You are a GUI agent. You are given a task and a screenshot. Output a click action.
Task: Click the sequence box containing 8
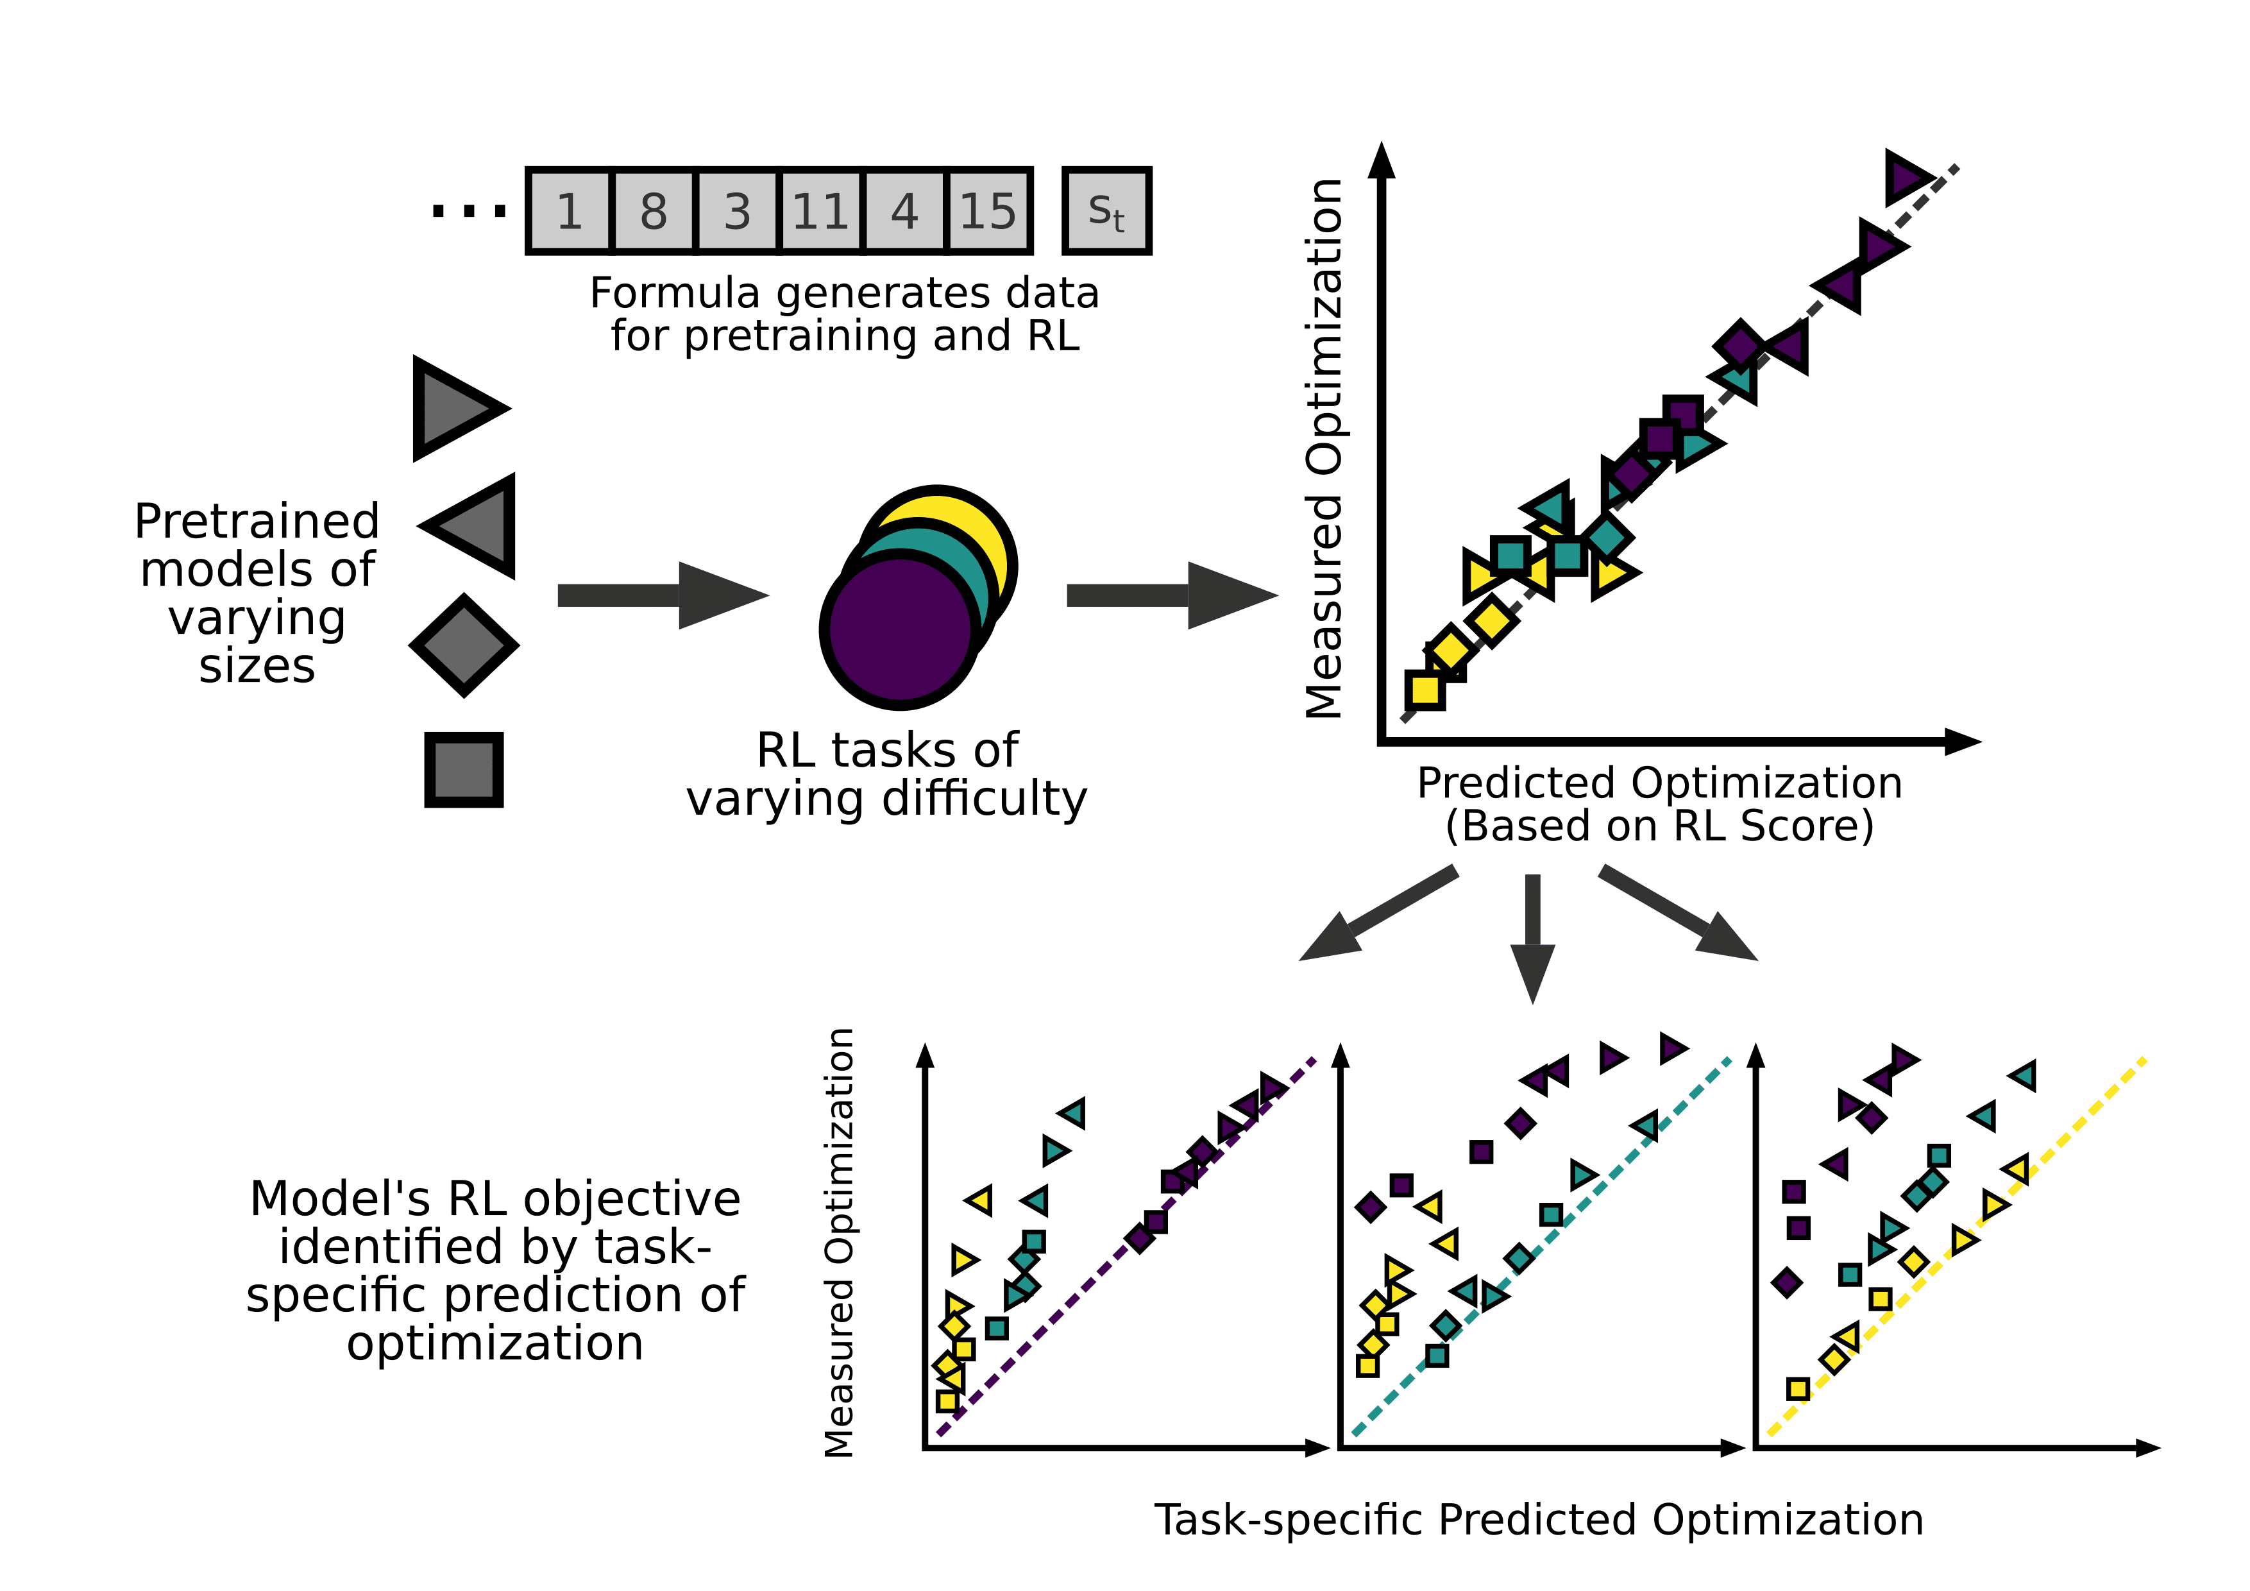653,211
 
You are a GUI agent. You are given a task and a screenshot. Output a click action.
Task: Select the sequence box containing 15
988,211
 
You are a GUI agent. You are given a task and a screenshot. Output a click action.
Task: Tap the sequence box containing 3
737,211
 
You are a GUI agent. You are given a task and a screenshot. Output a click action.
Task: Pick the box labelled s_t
1107,211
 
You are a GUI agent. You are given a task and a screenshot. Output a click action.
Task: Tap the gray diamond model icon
464,645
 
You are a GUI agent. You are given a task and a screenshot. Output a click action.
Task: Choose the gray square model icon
464,770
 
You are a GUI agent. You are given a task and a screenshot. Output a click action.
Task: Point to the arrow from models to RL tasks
663,595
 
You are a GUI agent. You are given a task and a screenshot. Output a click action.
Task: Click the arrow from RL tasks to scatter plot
1172,595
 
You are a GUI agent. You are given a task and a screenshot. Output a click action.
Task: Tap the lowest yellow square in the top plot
1425,689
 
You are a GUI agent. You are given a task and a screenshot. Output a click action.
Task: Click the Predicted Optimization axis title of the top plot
1659,804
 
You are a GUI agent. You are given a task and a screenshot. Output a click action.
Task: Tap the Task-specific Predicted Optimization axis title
1539,1519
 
